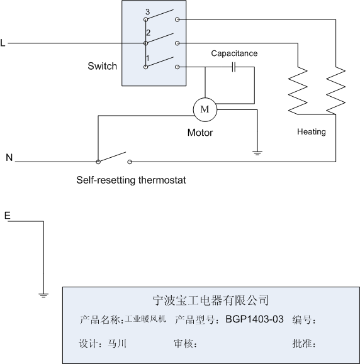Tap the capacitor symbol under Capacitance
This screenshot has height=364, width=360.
click(x=233, y=67)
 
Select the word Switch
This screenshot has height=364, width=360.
click(x=102, y=66)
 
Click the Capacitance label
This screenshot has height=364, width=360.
click(x=234, y=53)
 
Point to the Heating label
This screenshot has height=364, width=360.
click(x=312, y=132)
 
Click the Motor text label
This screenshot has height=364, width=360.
click(x=200, y=133)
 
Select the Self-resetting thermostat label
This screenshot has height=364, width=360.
click(x=131, y=180)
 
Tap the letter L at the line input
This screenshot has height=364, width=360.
click(x=3, y=43)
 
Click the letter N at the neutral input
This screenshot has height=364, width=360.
click(x=9, y=158)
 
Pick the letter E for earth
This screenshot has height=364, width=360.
click(x=8, y=216)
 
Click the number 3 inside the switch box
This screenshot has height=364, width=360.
click(x=147, y=11)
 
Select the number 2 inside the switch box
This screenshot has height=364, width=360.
click(x=148, y=33)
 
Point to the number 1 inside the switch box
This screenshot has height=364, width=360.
click(x=147, y=58)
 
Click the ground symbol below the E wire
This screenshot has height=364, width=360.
click(x=43, y=295)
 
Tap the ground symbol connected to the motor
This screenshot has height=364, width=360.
click(x=257, y=153)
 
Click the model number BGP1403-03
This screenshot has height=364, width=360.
click(x=254, y=319)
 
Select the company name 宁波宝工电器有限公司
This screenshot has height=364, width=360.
click(x=211, y=300)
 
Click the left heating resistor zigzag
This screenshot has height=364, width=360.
click(x=298, y=91)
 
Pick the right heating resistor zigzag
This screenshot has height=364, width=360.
click(x=335, y=91)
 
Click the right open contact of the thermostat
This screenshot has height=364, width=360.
click(x=130, y=162)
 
